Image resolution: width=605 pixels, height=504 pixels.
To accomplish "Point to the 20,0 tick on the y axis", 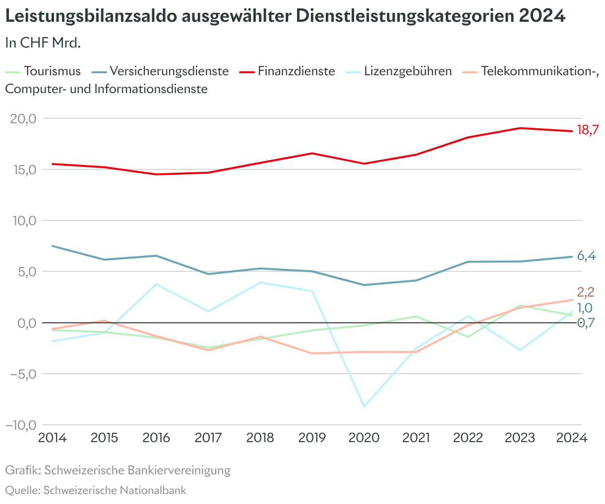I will [x=23, y=119].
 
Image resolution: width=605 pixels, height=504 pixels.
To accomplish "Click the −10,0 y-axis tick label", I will [x=21, y=425].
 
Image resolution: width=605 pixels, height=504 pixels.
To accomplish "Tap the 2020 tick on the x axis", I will [x=364, y=438].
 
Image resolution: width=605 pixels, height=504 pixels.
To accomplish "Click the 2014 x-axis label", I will [x=53, y=438].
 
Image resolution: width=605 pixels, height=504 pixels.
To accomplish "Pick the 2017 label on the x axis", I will [x=208, y=438].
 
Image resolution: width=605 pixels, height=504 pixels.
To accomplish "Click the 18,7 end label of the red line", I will [x=588, y=131].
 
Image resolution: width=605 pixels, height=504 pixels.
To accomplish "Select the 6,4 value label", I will [x=586, y=256].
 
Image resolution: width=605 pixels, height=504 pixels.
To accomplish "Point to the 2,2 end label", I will [x=585, y=292].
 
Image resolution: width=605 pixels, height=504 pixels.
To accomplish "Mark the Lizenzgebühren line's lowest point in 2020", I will [x=364, y=406].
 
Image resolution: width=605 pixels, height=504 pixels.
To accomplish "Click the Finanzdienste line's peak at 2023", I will [x=520, y=128].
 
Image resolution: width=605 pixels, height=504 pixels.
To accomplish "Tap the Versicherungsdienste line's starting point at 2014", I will [x=53, y=246].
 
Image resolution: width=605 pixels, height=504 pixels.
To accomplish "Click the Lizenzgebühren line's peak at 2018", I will [x=260, y=282].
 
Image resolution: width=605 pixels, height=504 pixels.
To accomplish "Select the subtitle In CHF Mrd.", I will [x=43, y=43].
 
